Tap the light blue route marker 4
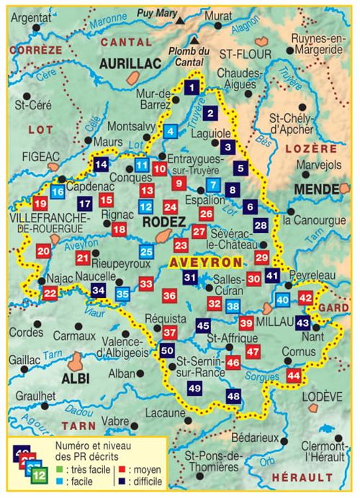pyautogui.click(x=170, y=131)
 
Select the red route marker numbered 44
pyautogui.click(x=293, y=375)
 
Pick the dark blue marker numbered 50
pyautogui.click(x=167, y=351)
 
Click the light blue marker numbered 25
pyautogui.click(x=146, y=251)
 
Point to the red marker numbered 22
pyautogui.click(x=50, y=293)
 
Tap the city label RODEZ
pyautogui.click(x=164, y=222)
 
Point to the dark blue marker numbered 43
pyautogui.click(x=303, y=322)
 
